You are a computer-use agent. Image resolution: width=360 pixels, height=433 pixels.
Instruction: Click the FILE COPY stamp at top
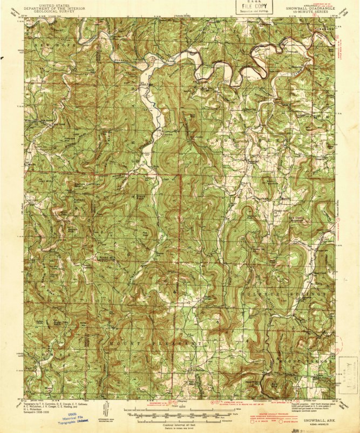[255, 7]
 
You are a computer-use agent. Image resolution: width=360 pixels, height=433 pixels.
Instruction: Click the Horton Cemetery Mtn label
[86, 183]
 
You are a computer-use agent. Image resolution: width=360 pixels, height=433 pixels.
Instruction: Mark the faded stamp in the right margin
[343, 375]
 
